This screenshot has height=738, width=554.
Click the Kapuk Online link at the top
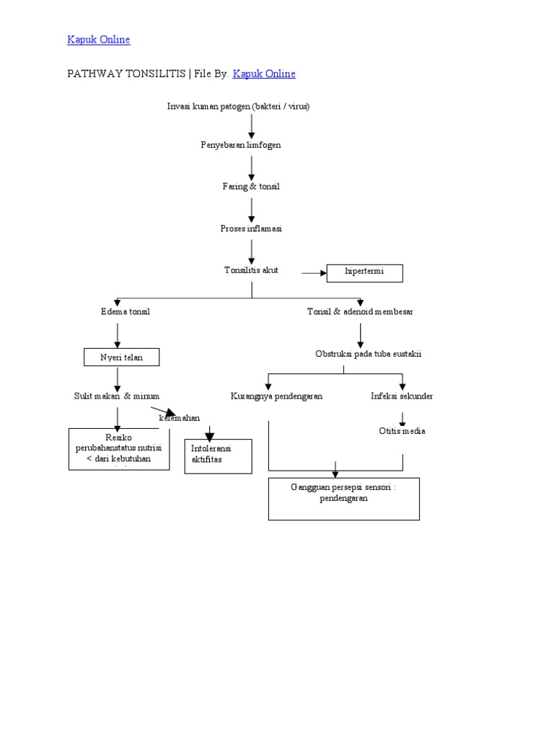[99, 40]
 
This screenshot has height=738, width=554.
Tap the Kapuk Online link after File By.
[264, 74]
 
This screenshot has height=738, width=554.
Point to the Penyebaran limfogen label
[240, 145]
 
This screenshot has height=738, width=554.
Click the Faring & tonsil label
[250, 187]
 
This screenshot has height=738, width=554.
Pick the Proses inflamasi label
[250, 228]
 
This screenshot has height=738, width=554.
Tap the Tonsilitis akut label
[250, 270]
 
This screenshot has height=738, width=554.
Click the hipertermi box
[364, 273]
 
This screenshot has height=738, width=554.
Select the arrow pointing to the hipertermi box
[314, 273]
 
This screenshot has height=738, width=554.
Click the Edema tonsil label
[125, 311]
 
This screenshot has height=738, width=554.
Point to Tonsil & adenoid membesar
[360, 311]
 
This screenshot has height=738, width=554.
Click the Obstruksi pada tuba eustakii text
[368, 354]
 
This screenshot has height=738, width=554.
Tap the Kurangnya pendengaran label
[276, 396]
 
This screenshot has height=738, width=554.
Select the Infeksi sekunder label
[402, 396]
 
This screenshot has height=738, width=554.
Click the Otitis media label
[402, 431]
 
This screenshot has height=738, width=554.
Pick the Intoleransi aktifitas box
[218, 455]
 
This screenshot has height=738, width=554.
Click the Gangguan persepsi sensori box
[343, 498]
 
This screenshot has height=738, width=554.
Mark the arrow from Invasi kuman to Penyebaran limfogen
[252, 125]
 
